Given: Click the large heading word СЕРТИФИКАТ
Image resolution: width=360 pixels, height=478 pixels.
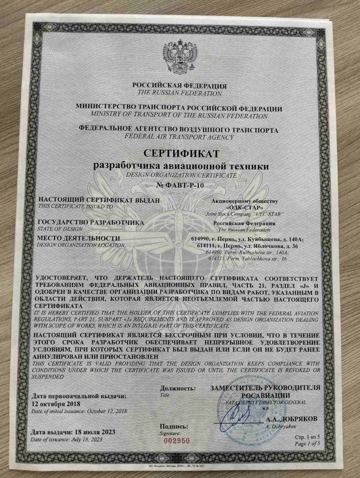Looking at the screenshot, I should point(179,155).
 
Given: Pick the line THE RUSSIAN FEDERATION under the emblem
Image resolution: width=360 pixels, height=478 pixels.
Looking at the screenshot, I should point(179,92).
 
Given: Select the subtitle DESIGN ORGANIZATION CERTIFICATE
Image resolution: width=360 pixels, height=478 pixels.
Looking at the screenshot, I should point(179,176).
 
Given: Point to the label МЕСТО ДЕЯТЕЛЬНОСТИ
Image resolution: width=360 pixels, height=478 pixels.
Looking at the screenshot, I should point(79,238).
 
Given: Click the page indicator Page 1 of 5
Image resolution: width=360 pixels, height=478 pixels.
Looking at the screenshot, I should point(310,443).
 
